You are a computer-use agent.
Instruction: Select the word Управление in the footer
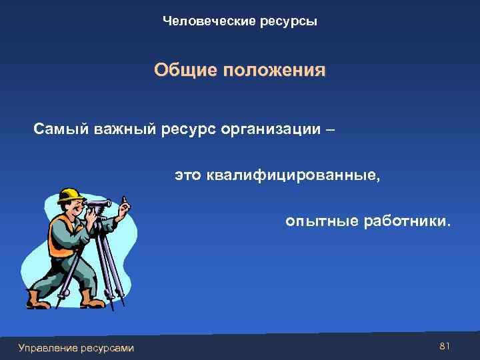pyautogui.click(x=48, y=347)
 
